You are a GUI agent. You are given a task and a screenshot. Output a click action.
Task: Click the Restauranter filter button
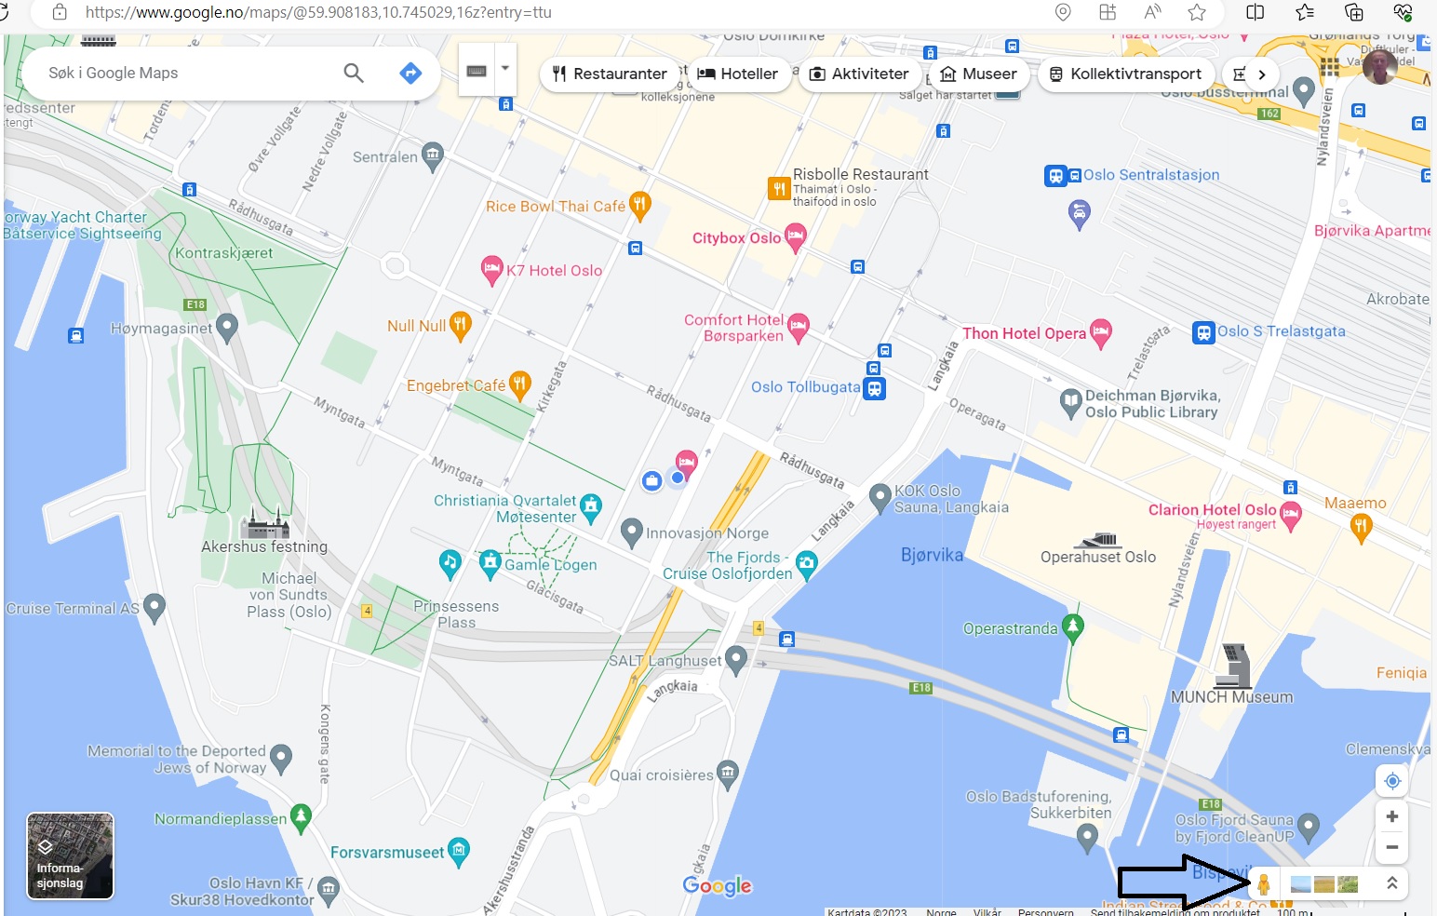[x=610, y=74]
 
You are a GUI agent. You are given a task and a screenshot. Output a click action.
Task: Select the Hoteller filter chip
[x=738, y=74]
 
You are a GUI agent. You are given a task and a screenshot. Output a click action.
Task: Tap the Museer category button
[x=977, y=74]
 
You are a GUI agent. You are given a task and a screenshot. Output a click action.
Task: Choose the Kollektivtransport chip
[x=1125, y=74]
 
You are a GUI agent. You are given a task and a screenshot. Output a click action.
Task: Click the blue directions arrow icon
[x=410, y=73]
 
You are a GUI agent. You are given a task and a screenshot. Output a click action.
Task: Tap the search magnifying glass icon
[x=354, y=73]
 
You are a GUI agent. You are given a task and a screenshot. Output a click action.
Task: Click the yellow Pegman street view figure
[x=1263, y=884]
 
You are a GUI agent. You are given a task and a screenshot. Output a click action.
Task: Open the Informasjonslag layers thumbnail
[x=71, y=855]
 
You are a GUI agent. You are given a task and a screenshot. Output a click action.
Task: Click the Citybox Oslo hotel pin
[x=795, y=236]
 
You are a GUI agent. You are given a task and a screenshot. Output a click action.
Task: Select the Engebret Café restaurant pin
[x=520, y=383]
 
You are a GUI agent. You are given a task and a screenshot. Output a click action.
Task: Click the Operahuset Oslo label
[x=1098, y=557]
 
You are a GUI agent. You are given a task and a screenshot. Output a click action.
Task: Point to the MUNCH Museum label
[x=1231, y=697]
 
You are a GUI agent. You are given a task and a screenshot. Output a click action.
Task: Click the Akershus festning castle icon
[x=266, y=524]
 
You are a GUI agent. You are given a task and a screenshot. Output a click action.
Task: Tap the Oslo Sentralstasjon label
[x=1150, y=175]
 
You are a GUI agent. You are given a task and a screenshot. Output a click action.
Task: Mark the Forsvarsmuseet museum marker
[x=459, y=850]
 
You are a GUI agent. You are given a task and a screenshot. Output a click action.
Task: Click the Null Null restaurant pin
[x=460, y=324]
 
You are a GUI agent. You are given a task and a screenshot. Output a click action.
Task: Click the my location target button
[x=1392, y=781]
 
